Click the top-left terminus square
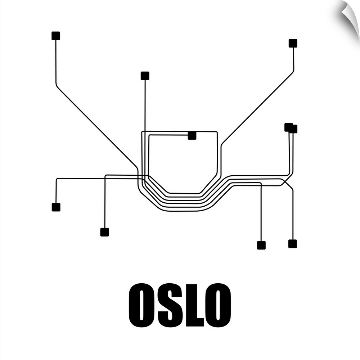[x=55, y=36]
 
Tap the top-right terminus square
[x=293, y=43]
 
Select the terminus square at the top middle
[x=145, y=76]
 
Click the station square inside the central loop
[x=192, y=135]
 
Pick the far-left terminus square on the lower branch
[x=56, y=207]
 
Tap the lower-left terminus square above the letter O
[x=104, y=232]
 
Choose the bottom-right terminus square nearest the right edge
[x=292, y=244]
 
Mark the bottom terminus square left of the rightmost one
[x=261, y=245]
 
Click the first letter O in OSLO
[x=141, y=305]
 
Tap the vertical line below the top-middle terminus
[x=145, y=104]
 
